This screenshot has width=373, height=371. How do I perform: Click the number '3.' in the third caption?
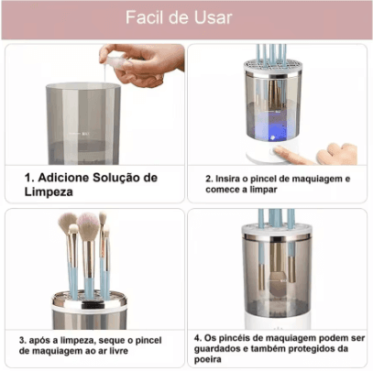point(23,340)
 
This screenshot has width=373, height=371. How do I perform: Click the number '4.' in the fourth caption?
point(199,336)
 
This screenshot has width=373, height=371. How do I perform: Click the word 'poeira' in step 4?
point(212,360)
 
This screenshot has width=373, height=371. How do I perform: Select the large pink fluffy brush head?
point(89,226)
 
